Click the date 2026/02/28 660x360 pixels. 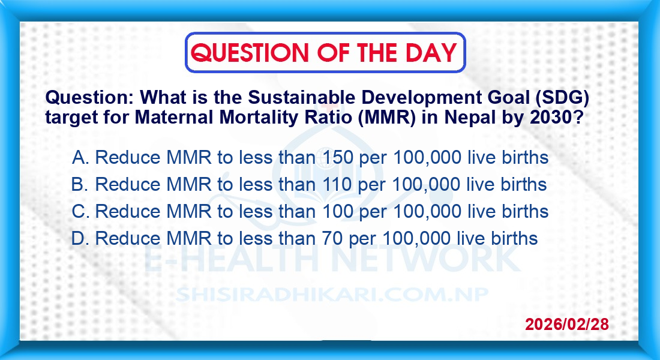pyautogui.click(x=566, y=324)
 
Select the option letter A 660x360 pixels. pyautogui.click(x=79, y=157)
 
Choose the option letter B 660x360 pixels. pyautogui.click(x=79, y=184)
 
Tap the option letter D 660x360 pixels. pyautogui.click(x=79, y=238)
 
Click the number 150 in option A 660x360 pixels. pyautogui.click(x=338, y=157)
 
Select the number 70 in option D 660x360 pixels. pyautogui.click(x=332, y=238)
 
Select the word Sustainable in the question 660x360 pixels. pyautogui.click(x=301, y=98)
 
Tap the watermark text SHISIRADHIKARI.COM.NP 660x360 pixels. pyautogui.click(x=332, y=295)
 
